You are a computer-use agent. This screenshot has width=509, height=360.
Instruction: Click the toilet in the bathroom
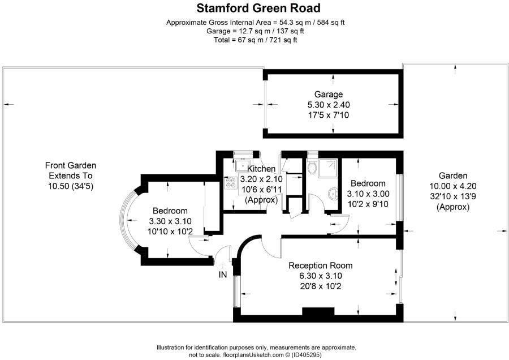coord(312,168)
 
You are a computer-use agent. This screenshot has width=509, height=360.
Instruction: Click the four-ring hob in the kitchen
coord(231,183)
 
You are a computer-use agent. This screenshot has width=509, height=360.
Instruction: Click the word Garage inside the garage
coord(329,95)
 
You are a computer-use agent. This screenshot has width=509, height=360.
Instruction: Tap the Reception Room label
coord(320,265)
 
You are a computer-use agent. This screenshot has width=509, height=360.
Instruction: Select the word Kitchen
coord(261,169)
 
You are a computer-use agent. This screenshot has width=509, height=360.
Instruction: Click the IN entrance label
coord(223,275)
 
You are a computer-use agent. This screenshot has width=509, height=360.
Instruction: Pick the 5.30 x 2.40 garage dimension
coord(329,105)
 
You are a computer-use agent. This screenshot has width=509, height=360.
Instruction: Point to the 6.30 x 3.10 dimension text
coord(320,276)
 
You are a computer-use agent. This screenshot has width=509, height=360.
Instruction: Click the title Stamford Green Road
coord(258,8)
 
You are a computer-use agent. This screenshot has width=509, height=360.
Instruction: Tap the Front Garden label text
coord(71,166)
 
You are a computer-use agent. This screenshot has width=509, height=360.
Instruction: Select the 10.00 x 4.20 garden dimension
coord(453,186)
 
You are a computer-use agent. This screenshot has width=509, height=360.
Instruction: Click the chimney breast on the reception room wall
coord(320,312)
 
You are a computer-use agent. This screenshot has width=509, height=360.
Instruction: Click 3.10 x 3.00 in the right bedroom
coord(368,194)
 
